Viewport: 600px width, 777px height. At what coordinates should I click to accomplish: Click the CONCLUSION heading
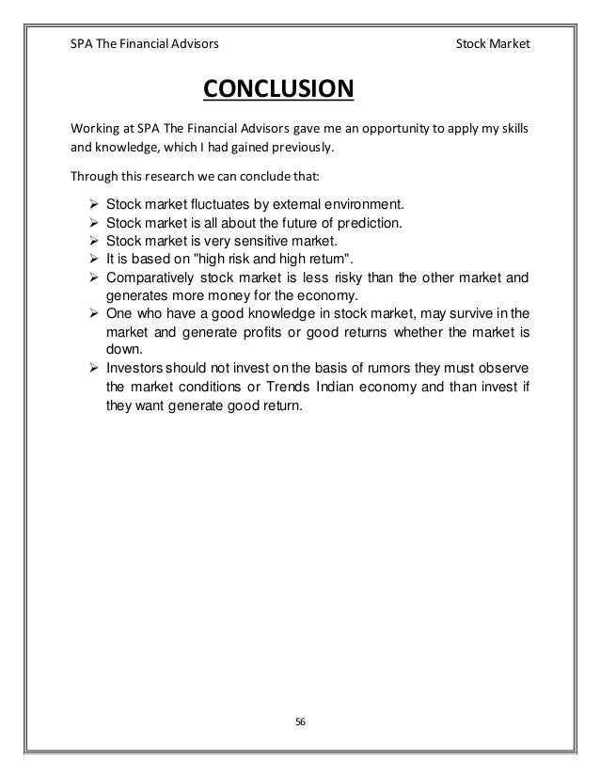click(x=278, y=90)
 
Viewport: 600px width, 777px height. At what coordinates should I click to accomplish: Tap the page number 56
click(x=300, y=721)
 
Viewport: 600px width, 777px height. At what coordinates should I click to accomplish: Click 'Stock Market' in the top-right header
click(x=492, y=43)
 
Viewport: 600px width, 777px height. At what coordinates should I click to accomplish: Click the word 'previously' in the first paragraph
click(x=298, y=149)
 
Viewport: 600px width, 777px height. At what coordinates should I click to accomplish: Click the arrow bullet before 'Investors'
click(x=93, y=367)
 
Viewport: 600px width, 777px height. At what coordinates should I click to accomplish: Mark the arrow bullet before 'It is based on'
click(x=93, y=260)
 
